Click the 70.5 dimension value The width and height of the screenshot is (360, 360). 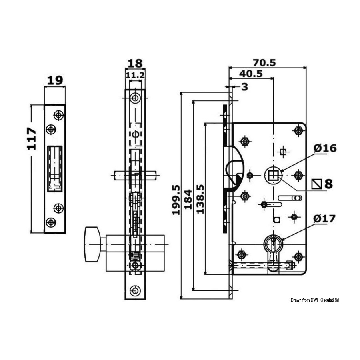264,63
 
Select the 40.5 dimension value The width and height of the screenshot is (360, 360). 251,74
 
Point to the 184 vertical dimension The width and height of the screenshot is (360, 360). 188,199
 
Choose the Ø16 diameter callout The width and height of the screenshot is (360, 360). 325,148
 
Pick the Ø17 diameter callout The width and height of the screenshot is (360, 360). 324,219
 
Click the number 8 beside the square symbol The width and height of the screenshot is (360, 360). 329,184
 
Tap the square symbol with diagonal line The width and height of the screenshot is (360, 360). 317,184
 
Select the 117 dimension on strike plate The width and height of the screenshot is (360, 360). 32,139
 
